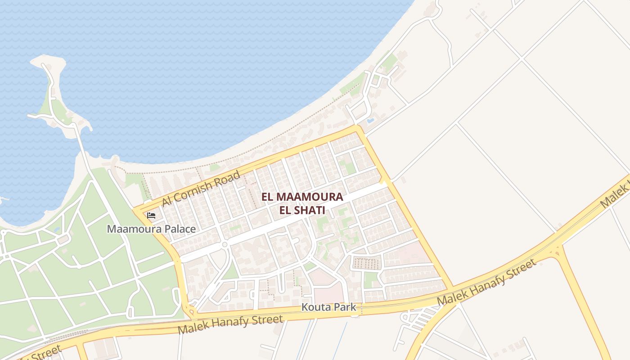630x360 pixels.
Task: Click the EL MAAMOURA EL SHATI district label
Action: pyautogui.click(x=302, y=203)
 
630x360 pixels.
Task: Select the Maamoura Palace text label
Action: pyautogui.click(x=151, y=229)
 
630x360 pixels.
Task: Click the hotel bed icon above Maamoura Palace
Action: pyautogui.click(x=151, y=216)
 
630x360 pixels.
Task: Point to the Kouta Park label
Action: pyautogui.click(x=328, y=307)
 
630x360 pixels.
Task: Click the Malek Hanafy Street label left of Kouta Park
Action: pyautogui.click(x=230, y=325)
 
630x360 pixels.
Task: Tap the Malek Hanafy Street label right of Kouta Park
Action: pyautogui.click(x=487, y=283)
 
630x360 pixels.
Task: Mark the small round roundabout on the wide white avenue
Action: pyautogui.click(x=225, y=245)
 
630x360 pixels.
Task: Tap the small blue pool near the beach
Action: pyautogui.click(x=370, y=121)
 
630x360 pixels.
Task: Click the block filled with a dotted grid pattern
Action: pyautogui.click(x=366, y=262)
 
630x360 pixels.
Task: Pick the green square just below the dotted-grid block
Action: pyautogui.click(x=372, y=280)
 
